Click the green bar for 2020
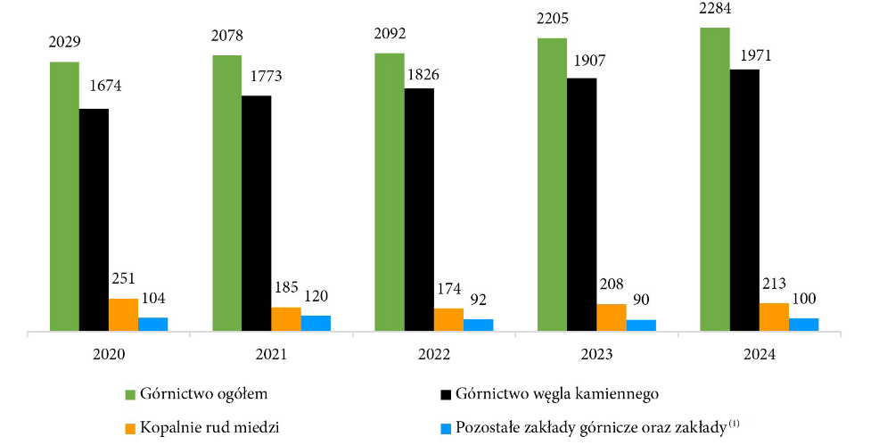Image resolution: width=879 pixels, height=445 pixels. click(x=64, y=197)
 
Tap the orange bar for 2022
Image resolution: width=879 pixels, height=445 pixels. click(x=448, y=320)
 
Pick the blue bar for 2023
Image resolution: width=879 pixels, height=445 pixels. click(x=641, y=326)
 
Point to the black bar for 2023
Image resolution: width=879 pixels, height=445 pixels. click(x=581, y=205)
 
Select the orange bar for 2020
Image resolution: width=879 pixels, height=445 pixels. click(x=123, y=315)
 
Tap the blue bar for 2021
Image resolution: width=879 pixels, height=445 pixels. click(x=316, y=324)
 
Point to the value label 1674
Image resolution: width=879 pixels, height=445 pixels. click(x=104, y=87)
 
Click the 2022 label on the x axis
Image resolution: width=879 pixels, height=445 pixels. click(x=433, y=354)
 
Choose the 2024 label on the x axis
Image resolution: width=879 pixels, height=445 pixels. click(x=759, y=354)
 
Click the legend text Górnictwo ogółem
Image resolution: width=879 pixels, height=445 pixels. click(x=204, y=392)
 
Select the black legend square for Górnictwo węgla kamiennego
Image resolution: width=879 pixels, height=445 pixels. click(x=445, y=393)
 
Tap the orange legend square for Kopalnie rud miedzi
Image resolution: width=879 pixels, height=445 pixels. click(x=129, y=426)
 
